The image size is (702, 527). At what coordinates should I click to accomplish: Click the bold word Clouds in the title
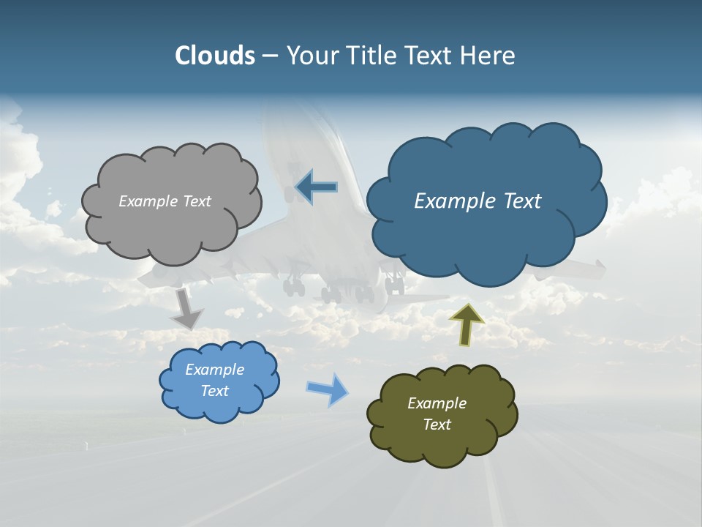pos(215,56)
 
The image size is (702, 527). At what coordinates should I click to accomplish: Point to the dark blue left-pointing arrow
pos(316,187)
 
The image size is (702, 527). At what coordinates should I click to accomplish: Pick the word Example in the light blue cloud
pos(214,370)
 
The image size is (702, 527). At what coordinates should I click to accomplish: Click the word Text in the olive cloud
pos(437,425)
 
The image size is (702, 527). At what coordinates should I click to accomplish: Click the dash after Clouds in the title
pos(269,56)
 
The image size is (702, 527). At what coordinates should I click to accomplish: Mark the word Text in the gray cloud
pos(196,201)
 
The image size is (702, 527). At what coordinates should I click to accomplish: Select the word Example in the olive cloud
pos(437,403)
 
